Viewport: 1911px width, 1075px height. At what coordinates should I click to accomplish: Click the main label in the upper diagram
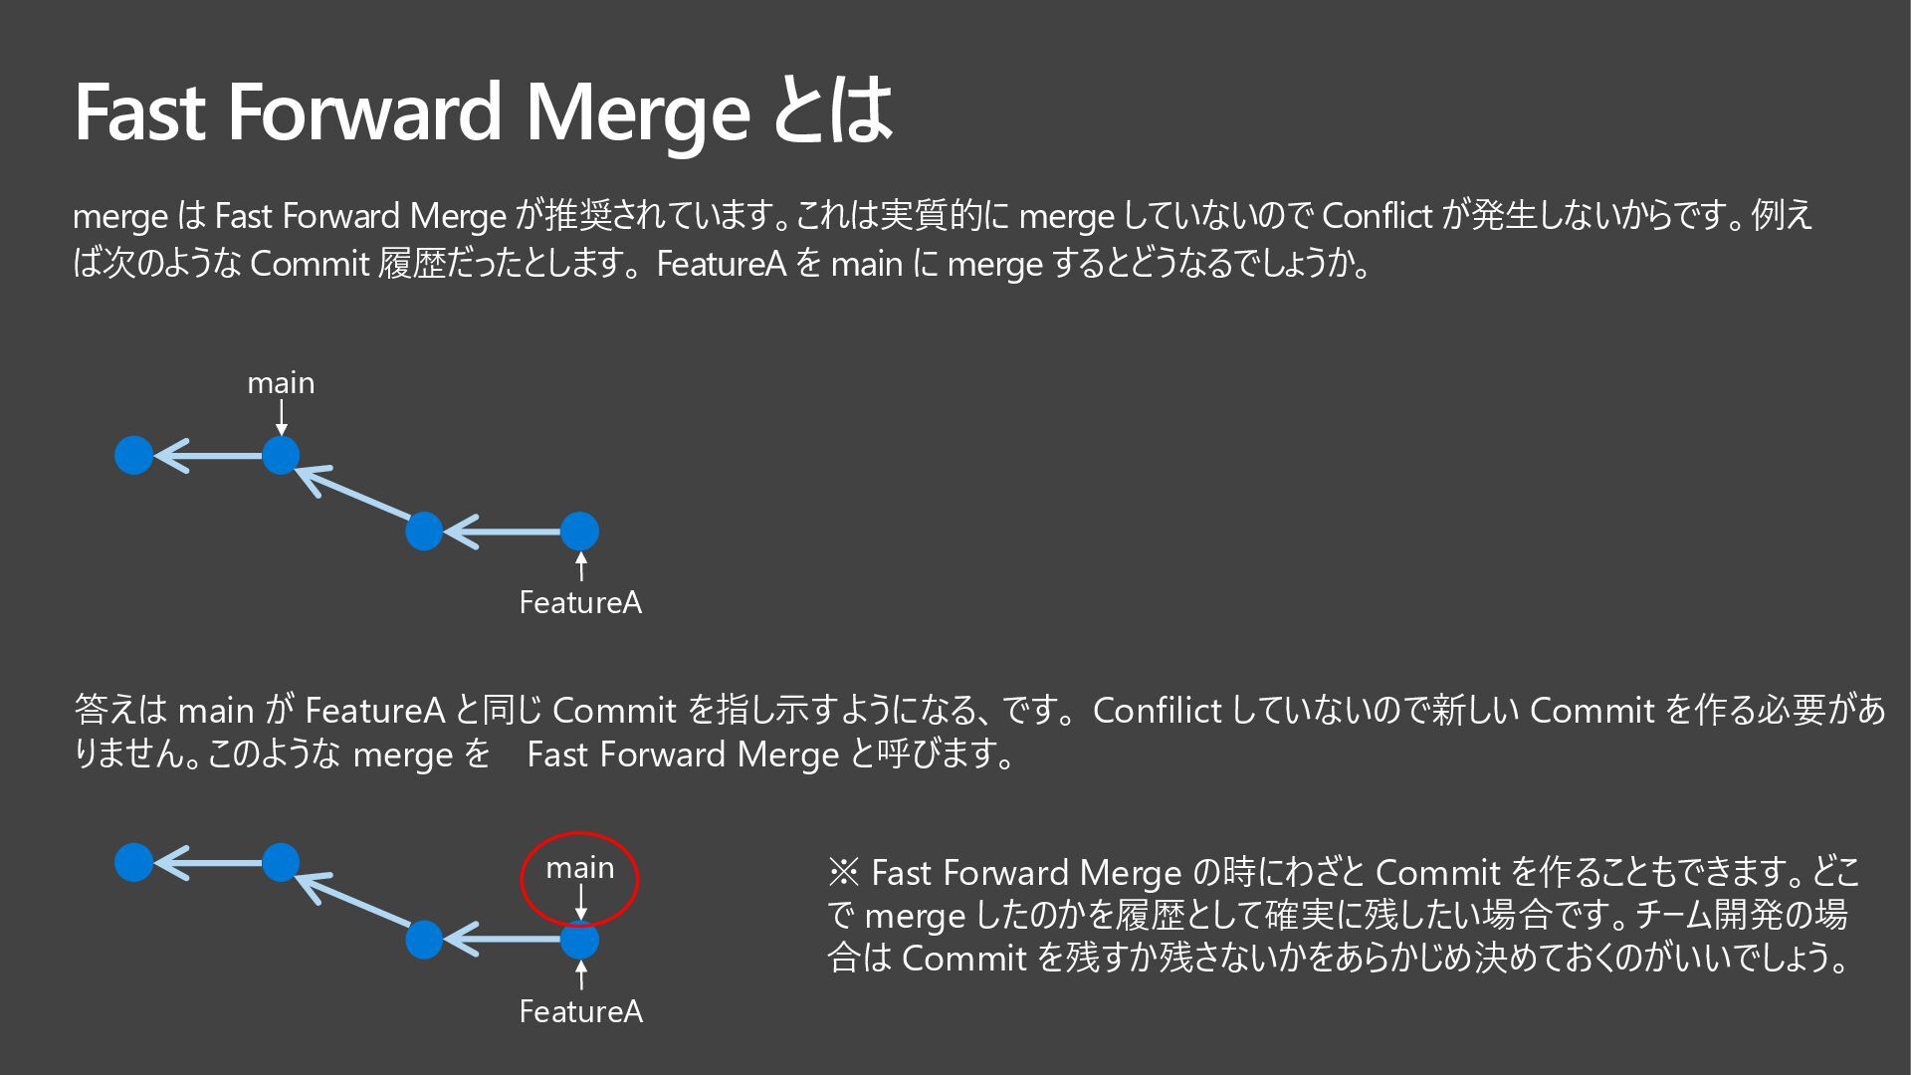click(x=281, y=383)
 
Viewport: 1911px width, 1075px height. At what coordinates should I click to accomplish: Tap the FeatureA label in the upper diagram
click(x=580, y=602)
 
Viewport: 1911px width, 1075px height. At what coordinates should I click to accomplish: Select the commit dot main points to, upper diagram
click(x=281, y=456)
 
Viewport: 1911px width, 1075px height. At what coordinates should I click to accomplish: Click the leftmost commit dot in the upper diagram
click(x=134, y=456)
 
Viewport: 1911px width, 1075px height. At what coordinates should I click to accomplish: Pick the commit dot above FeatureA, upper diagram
click(x=579, y=531)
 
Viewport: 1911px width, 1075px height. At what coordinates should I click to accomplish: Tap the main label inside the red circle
click(x=579, y=868)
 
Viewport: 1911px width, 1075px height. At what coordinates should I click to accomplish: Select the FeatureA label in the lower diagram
click(x=580, y=1011)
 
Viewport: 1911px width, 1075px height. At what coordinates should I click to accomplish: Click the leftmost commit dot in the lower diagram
click(x=134, y=862)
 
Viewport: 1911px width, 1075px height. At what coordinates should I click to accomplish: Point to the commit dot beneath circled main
click(x=579, y=940)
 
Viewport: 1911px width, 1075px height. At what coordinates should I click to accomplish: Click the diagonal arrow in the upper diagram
click(x=353, y=492)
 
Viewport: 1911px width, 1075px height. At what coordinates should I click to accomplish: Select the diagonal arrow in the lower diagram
click(x=353, y=899)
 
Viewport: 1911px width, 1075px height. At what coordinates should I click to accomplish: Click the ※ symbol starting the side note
click(x=843, y=873)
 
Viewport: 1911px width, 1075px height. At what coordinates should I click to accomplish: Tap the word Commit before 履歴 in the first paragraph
click(x=310, y=264)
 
